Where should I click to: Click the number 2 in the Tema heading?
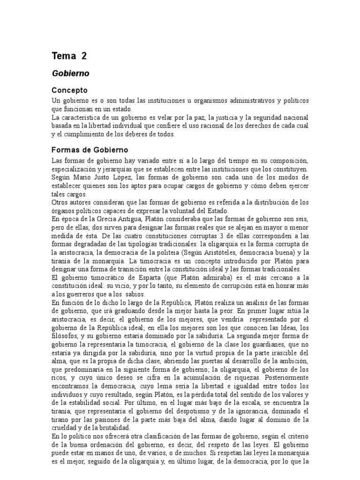[x=83, y=56]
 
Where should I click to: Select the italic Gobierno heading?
[x=70, y=74]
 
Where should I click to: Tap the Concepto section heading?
[x=69, y=90]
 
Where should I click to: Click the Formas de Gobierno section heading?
[x=89, y=150]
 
